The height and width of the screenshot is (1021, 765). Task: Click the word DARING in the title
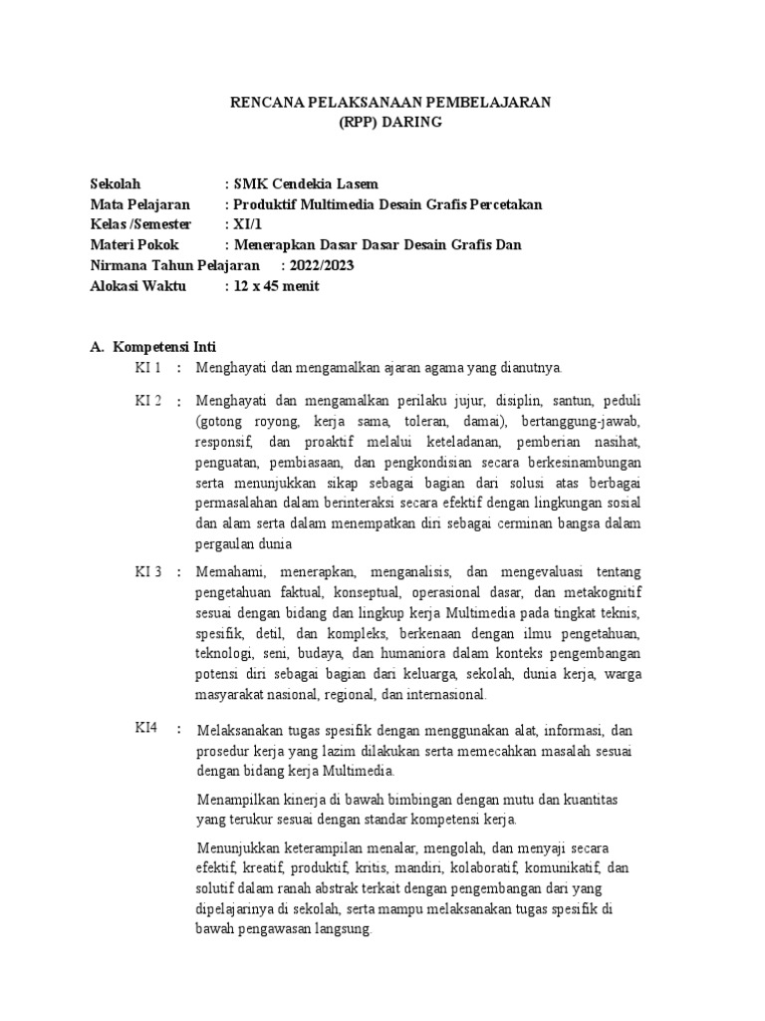(407, 122)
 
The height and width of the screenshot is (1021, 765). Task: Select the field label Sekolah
(116, 184)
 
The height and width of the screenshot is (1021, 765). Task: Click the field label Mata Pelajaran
(139, 204)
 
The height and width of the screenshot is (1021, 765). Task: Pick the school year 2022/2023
(323, 265)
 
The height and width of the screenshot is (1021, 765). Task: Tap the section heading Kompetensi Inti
(172, 347)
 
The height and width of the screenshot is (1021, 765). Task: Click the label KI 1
(149, 368)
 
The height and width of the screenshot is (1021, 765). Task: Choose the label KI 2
(149, 401)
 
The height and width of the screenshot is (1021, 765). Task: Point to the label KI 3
(149, 572)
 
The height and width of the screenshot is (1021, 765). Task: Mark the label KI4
(147, 728)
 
